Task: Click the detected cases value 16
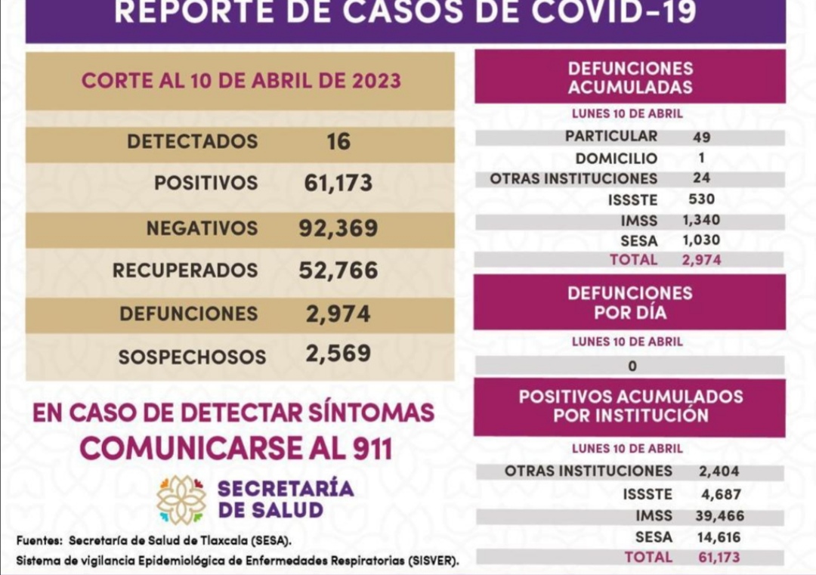tap(338, 141)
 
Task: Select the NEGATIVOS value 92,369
tap(338, 228)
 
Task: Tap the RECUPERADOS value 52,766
tap(338, 270)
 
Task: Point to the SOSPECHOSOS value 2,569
tap(338, 353)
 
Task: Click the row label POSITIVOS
tap(206, 183)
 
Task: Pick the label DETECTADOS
tap(192, 141)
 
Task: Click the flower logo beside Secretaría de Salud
tap(181, 499)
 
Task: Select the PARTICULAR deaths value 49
tap(701, 138)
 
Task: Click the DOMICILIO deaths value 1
tap(701, 159)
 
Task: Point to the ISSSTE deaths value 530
tap(701, 199)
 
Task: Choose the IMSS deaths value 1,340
tap(701, 220)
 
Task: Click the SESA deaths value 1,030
tap(701, 240)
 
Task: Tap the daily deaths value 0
tap(632, 366)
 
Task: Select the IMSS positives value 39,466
tap(719, 516)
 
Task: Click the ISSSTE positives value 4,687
tap(719, 495)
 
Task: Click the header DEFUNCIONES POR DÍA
tap(629, 302)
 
